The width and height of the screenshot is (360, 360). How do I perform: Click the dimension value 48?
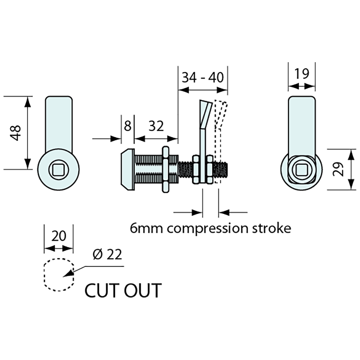(16, 133)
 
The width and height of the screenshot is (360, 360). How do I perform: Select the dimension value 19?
(301, 74)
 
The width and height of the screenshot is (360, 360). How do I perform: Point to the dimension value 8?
(127, 126)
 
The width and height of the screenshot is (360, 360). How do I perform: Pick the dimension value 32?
(156, 126)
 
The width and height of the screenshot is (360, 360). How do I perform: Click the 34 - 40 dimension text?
(203, 78)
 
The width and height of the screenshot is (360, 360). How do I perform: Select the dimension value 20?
(59, 236)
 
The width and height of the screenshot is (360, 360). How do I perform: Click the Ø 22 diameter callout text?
(107, 254)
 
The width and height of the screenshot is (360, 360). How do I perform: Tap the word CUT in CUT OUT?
(100, 290)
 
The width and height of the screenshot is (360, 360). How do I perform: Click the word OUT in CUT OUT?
(143, 290)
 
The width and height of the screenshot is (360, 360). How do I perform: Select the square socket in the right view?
(302, 170)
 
